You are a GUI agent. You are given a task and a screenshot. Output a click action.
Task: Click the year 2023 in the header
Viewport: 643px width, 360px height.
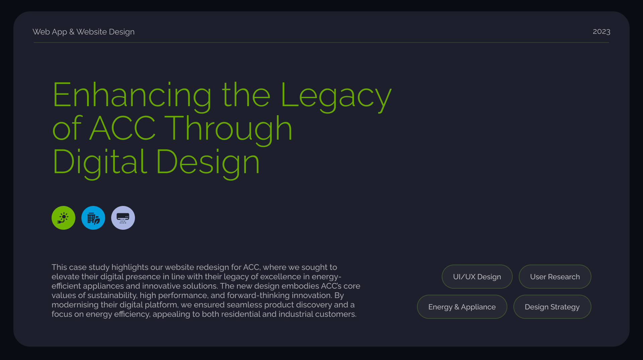click(601, 31)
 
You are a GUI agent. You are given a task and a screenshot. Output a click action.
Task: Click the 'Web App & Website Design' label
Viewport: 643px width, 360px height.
click(83, 32)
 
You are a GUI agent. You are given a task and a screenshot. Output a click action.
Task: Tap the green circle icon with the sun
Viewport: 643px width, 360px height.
click(63, 218)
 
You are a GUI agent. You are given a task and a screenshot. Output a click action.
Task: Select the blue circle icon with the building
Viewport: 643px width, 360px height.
click(93, 218)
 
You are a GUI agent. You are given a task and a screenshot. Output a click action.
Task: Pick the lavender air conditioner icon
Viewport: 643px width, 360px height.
click(123, 218)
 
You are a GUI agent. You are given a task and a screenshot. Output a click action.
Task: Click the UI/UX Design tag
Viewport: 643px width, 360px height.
click(477, 277)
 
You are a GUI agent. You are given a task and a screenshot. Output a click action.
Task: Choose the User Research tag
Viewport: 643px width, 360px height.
click(555, 277)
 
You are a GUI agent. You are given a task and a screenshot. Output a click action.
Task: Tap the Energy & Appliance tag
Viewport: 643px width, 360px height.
click(462, 307)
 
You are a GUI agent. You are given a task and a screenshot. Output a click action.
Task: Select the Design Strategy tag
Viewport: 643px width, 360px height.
click(552, 307)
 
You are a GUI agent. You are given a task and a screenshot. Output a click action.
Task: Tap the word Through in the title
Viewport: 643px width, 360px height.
click(229, 129)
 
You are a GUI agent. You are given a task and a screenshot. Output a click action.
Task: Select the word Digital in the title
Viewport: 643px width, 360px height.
click(100, 163)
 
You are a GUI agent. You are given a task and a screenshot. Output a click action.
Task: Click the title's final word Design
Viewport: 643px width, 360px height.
click(208, 163)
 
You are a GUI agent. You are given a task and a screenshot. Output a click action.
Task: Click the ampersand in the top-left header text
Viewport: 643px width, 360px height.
click(72, 32)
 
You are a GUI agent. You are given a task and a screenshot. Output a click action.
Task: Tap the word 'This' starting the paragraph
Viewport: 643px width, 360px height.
click(59, 267)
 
